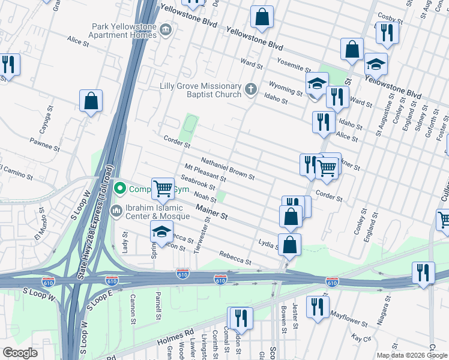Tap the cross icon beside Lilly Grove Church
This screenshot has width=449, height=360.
pos(251,90)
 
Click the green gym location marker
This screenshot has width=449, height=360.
pos(120,189)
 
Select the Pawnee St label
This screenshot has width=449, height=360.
pos(45,144)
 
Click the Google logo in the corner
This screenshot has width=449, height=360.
pos(20,353)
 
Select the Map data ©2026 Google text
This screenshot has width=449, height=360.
pos(412,355)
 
